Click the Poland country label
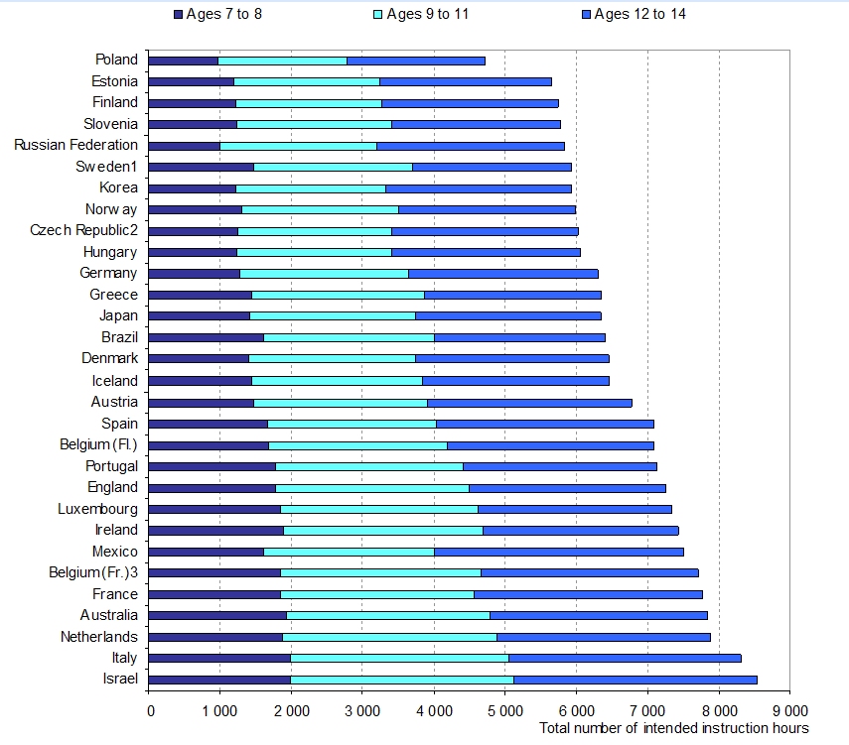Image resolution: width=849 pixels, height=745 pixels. tap(116, 61)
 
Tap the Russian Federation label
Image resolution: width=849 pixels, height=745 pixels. tap(75, 145)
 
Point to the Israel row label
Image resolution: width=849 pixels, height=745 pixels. tap(119, 680)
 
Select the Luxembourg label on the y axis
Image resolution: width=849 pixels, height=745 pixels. tap(97, 509)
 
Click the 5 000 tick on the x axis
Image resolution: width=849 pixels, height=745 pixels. tap(504, 710)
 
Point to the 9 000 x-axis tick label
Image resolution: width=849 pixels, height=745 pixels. tap(789, 710)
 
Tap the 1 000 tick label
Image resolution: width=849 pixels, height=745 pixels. tap(219, 710)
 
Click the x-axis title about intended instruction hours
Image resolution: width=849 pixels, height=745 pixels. tap(675, 729)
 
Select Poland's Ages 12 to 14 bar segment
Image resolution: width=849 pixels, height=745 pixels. tap(416, 61)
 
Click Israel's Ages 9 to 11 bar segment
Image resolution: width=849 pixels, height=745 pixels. tap(402, 680)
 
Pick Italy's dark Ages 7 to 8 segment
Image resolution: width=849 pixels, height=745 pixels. tap(219, 658)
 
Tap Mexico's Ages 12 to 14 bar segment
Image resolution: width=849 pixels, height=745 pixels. tap(559, 552)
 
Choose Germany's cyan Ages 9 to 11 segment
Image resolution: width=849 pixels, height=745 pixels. tap(324, 274)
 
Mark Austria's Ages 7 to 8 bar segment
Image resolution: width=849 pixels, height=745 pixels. tap(202, 402)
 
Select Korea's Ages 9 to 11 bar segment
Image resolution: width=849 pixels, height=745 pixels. tap(310, 188)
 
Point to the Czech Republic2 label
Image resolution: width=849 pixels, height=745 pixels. tap(83, 230)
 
